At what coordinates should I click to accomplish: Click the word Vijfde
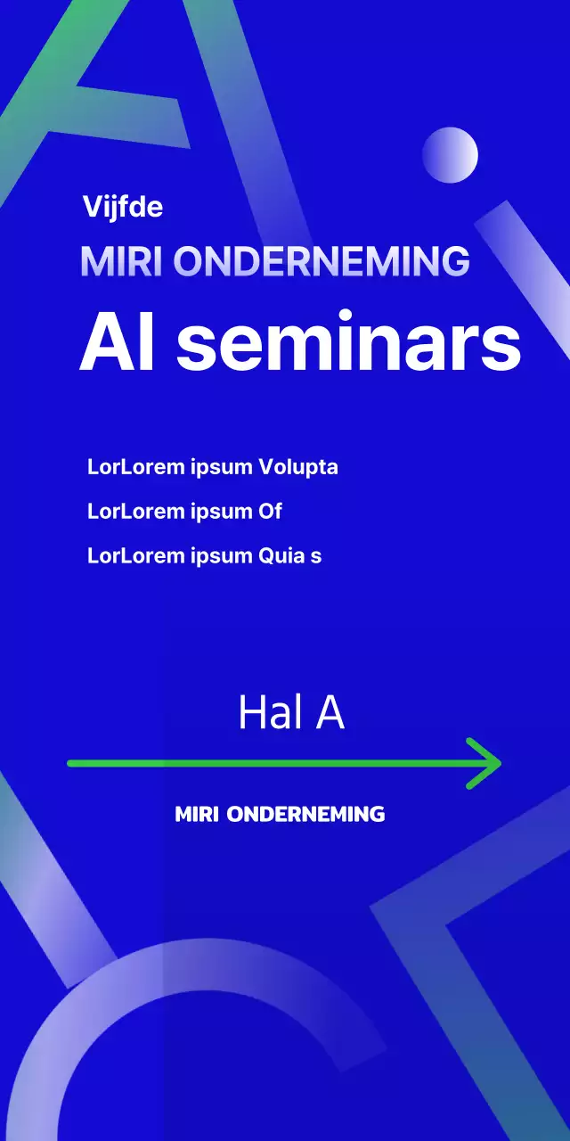(123, 207)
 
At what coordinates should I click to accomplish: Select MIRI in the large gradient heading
(122, 261)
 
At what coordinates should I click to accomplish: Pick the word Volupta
(298, 467)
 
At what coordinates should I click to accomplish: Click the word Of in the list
(270, 512)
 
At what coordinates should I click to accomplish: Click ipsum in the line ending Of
(222, 512)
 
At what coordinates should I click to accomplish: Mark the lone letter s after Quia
(316, 557)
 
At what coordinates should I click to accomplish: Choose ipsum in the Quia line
(222, 556)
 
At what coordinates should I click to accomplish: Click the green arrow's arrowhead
(490, 763)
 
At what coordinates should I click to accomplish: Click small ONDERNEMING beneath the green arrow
(306, 814)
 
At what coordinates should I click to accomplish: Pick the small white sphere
(450, 155)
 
